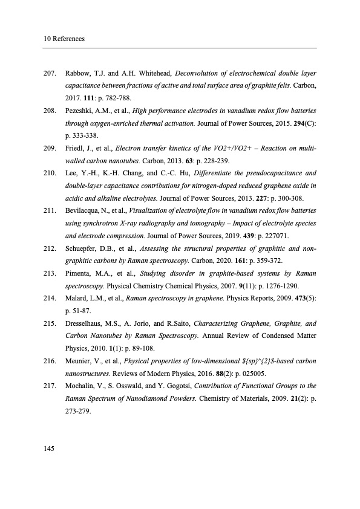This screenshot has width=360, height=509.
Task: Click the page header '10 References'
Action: click(64, 39)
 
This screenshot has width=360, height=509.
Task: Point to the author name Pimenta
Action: click(78, 274)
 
